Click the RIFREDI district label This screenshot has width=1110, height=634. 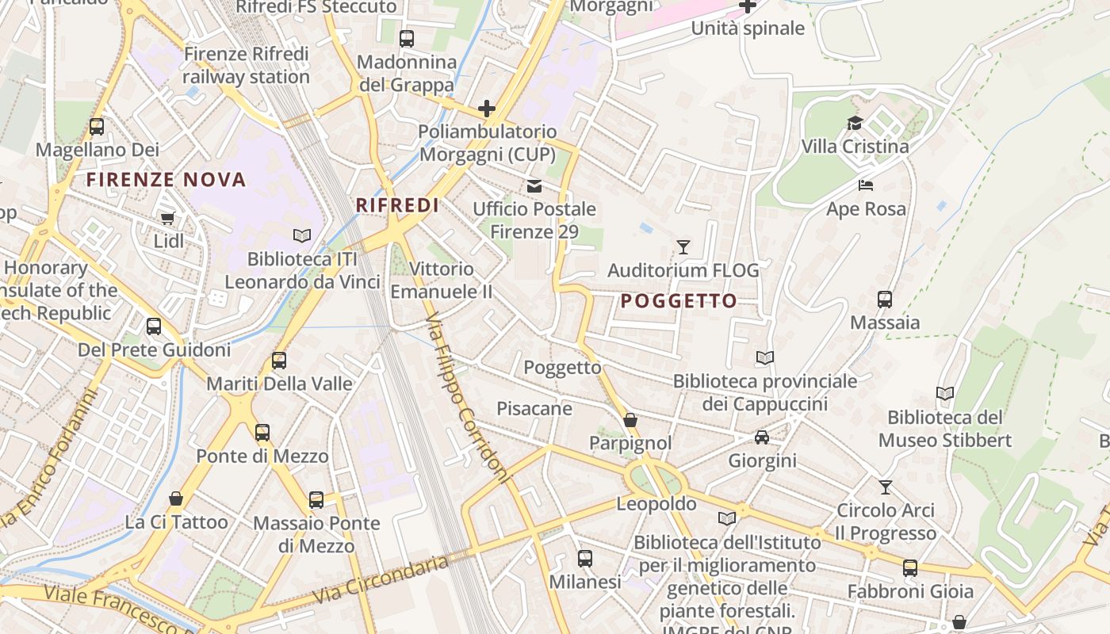tap(397, 205)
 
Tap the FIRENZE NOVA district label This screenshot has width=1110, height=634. tap(166, 180)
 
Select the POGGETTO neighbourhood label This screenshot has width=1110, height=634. tap(679, 301)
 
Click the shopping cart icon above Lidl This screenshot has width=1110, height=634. tap(167, 218)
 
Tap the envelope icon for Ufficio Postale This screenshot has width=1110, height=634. tap(534, 186)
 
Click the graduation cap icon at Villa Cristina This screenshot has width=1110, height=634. tap(855, 123)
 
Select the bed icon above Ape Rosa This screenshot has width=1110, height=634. tap(866, 185)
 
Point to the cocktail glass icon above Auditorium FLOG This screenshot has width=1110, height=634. tap(683, 247)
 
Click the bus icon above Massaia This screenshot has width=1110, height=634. tap(885, 300)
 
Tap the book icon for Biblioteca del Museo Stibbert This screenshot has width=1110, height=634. tap(944, 394)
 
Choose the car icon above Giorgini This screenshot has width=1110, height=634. tap(762, 437)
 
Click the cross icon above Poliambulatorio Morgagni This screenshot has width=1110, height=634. tap(487, 109)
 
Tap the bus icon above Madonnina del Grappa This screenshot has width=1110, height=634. tap(407, 38)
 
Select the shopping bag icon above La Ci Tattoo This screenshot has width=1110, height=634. tap(176, 498)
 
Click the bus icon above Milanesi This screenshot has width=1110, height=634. tap(585, 559)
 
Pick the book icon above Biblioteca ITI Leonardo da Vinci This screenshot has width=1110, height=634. tap(302, 235)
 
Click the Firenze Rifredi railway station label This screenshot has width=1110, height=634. tap(246, 66)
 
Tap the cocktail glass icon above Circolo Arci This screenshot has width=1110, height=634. tap(886, 487)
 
